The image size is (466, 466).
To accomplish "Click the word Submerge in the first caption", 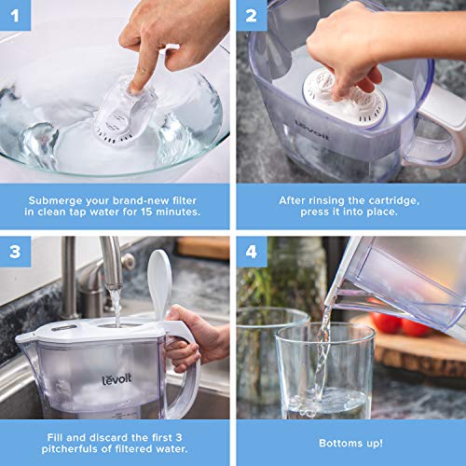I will (61, 200).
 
